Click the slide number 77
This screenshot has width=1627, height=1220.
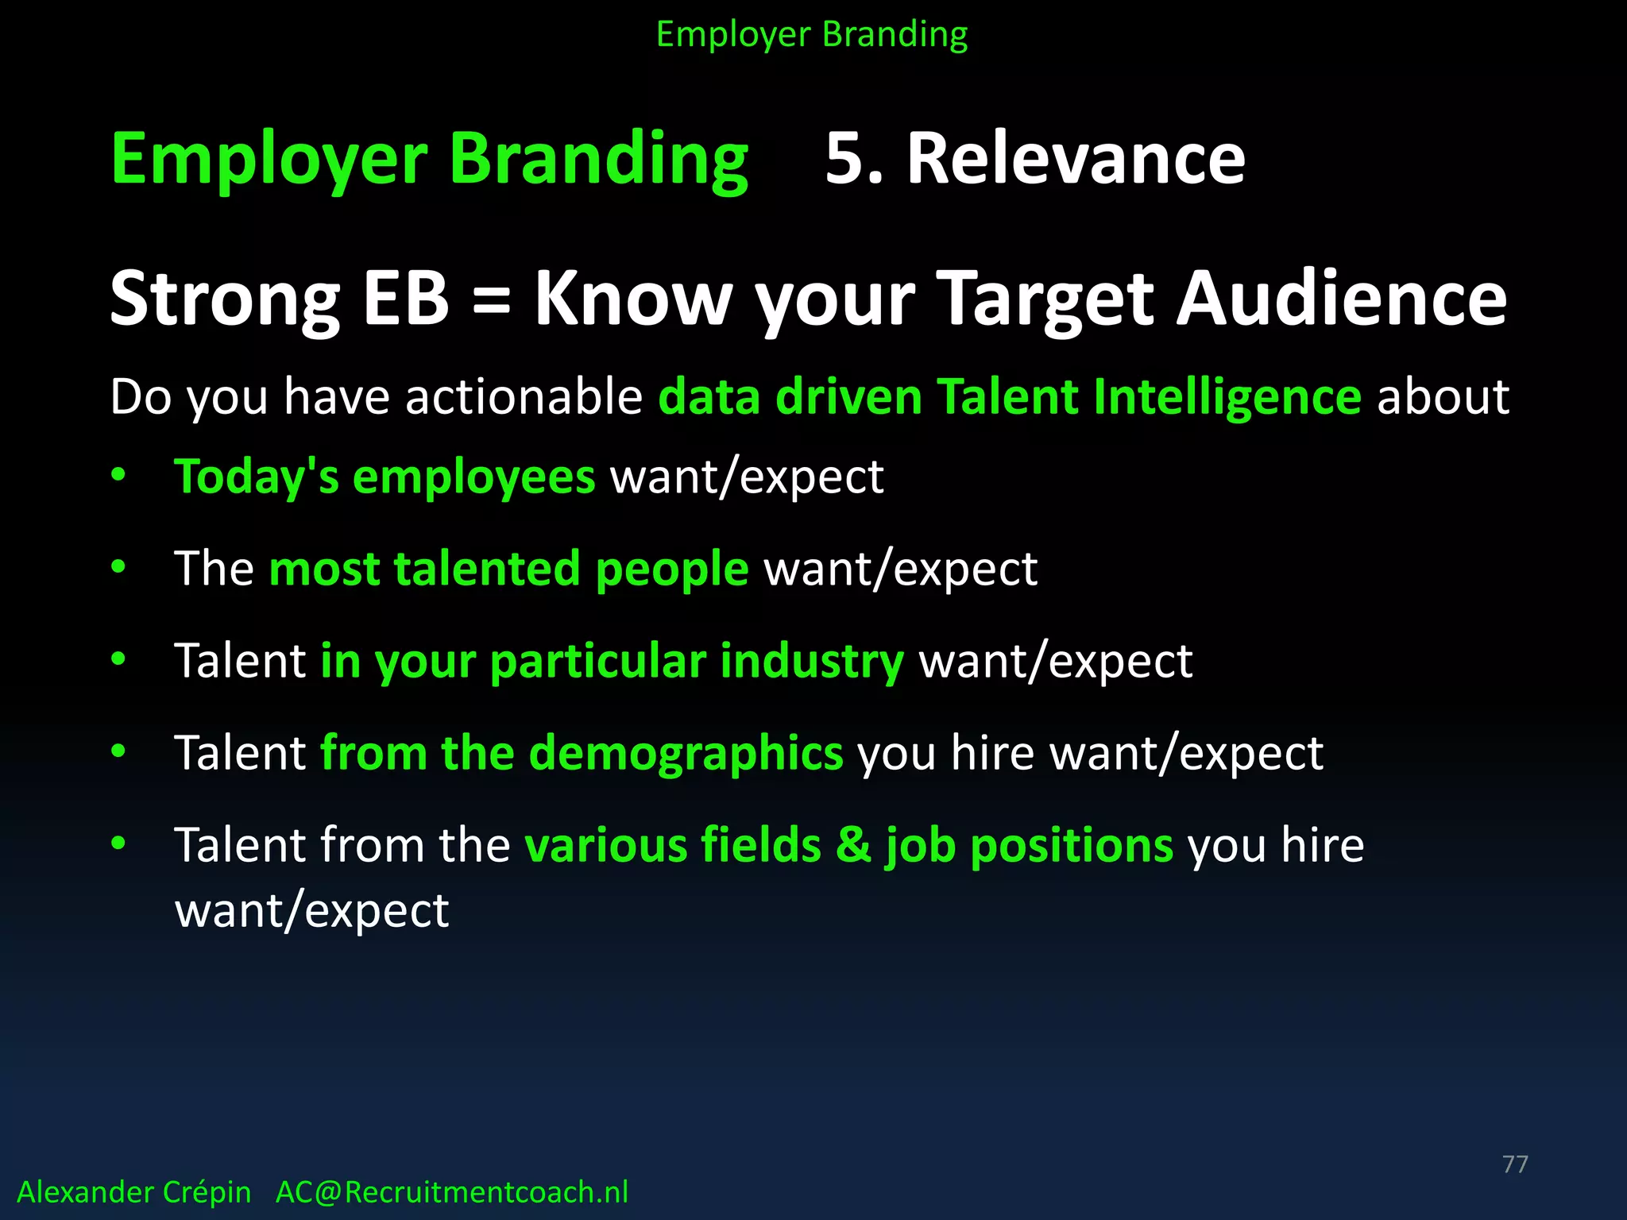coord(1515,1164)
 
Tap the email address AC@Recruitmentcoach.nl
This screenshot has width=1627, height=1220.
coord(451,1192)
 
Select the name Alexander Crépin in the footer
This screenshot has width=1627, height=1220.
coord(133,1192)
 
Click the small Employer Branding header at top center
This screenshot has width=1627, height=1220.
coord(812,34)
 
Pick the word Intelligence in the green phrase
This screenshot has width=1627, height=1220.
coord(1227,397)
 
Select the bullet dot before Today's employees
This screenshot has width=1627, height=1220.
coord(118,475)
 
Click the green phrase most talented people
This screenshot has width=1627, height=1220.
coord(508,569)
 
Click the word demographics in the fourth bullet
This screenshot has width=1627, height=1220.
coord(685,754)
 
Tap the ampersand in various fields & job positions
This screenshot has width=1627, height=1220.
coord(853,844)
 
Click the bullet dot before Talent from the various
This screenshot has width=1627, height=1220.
coord(118,843)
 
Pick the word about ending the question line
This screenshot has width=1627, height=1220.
coord(1442,396)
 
